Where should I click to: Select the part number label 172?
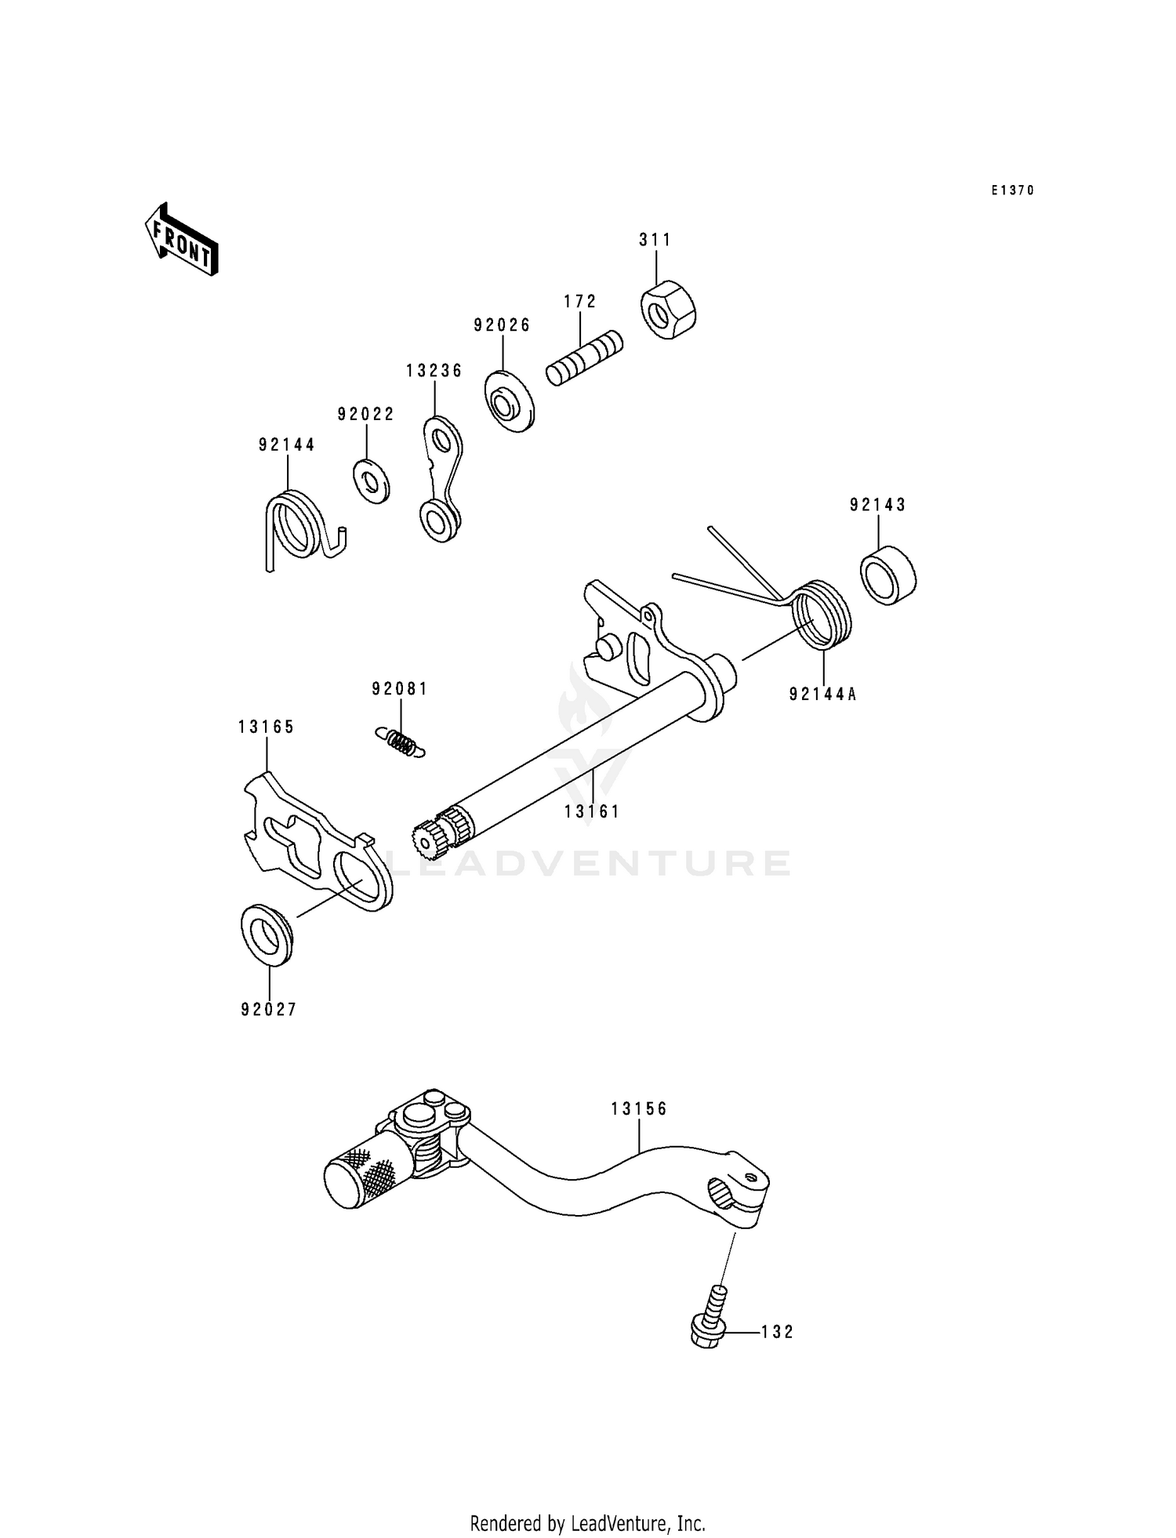[580, 302]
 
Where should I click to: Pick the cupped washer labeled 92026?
[508, 401]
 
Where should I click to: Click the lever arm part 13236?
[441, 478]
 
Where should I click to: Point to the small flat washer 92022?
[371, 481]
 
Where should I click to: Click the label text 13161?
[592, 812]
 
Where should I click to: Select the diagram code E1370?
[1012, 190]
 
